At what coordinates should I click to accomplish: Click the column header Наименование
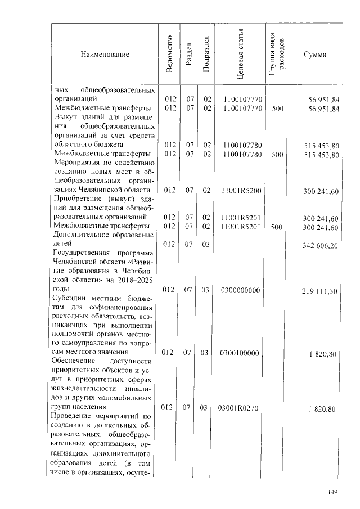point(105,55)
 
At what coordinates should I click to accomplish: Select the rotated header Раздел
point(189,55)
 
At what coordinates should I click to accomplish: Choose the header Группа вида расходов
point(276,55)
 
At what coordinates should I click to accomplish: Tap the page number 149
point(332,493)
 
